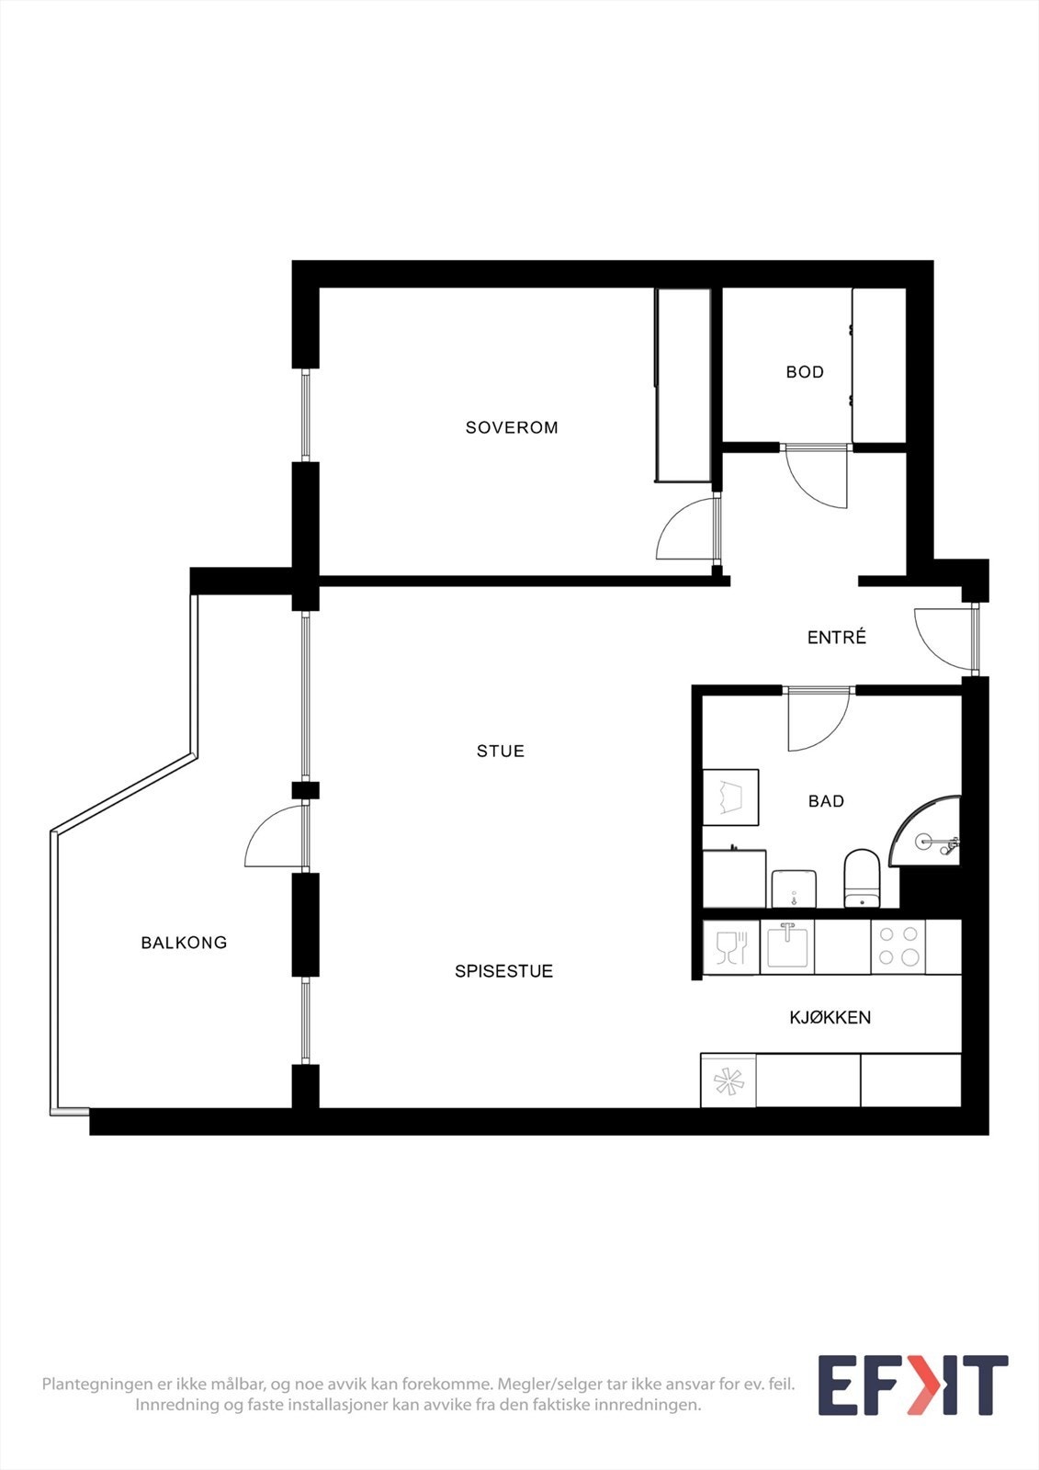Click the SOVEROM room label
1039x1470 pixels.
tap(512, 427)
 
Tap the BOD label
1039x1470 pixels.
tap(805, 372)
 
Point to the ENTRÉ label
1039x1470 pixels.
tap(836, 638)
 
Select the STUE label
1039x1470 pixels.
tap(501, 751)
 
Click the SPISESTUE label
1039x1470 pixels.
tap(503, 971)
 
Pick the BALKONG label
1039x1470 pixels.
tap(184, 943)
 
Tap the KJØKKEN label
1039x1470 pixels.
tap(830, 1017)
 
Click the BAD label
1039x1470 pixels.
tap(826, 801)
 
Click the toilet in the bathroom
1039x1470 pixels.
tap(862, 878)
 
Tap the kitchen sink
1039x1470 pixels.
tap(787, 946)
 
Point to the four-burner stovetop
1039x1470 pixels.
tap(898, 946)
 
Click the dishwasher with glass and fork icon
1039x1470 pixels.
tap(731, 947)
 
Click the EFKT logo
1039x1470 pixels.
tap(912, 1385)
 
